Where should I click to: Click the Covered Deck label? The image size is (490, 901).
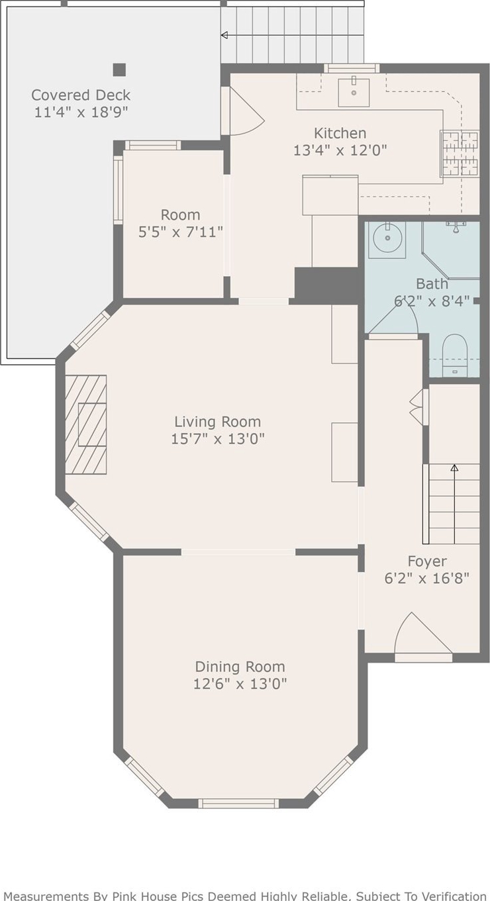[81, 95]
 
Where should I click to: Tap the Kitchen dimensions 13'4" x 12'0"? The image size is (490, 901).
[340, 151]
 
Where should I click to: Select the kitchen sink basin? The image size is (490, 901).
[354, 92]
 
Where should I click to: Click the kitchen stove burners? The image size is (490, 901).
[460, 153]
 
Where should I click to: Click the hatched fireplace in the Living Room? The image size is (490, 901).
[86, 424]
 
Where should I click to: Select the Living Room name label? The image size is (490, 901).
[218, 422]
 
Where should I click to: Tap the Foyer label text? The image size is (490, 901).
[427, 561]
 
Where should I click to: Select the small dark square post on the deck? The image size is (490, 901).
[119, 70]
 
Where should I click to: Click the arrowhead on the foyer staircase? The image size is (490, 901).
[455, 468]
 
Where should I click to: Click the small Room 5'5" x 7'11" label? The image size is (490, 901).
[181, 224]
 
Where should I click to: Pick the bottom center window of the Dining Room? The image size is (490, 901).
[238, 803]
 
